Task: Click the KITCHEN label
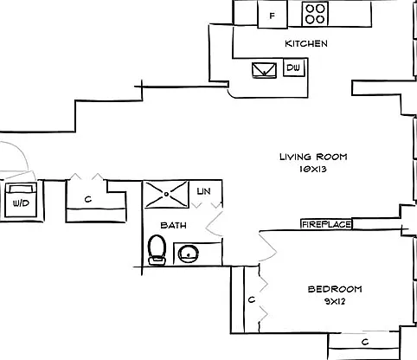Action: pos(306,43)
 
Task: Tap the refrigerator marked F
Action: pos(273,15)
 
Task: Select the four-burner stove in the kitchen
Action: pos(315,14)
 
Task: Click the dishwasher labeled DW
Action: pos(294,67)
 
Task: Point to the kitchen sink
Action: pos(264,70)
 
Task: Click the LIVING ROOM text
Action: pos(313,157)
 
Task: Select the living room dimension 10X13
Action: pos(313,169)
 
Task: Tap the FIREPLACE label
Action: pos(326,224)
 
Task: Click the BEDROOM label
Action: pos(335,289)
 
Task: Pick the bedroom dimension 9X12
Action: pos(335,302)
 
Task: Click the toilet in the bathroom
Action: pos(157,250)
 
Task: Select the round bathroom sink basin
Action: pos(188,254)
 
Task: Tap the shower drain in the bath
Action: pos(166,194)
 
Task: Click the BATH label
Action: pos(173,225)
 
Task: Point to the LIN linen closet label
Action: pos(204,191)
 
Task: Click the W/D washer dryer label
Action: pos(21,203)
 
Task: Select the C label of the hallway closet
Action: pos(88,199)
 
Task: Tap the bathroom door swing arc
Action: pos(214,224)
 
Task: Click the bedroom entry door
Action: pos(268,247)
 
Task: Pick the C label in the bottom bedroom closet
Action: pos(365,342)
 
